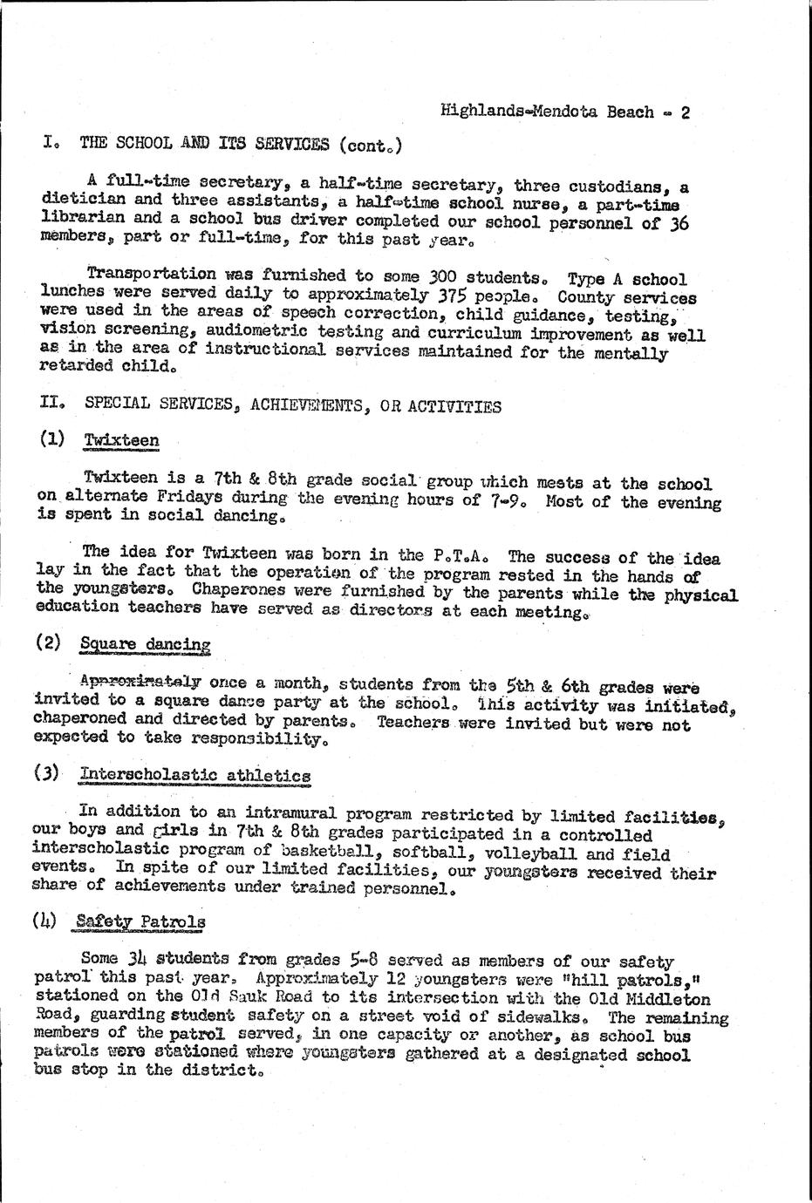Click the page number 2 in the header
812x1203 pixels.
pyautogui.click(x=686, y=112)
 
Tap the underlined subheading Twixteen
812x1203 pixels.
pyautogui.click(x=121, y=440)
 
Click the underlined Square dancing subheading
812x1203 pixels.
pyautogui.click(x=146, y=645)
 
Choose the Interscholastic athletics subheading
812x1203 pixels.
pyautogui.click(x=194, y=775)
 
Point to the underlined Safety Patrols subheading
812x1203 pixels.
pyautogui.click(x=140, y=920)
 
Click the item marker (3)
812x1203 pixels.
pyautogui.click(x=47, y=773)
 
